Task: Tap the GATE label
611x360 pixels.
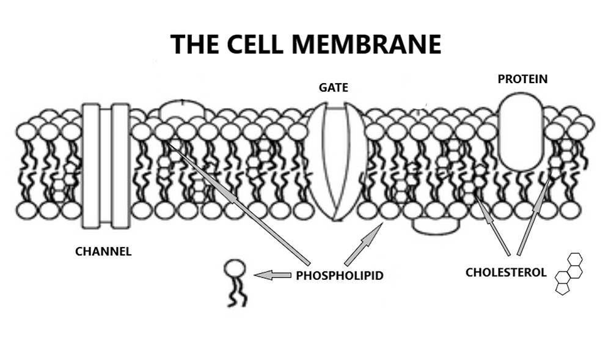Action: coord(333,87)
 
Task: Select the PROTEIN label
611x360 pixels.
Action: coord(522,79)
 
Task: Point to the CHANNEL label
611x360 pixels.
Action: coord(103,251)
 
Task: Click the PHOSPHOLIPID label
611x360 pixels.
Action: coord(340,276)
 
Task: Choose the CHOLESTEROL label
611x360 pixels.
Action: coord(506,272)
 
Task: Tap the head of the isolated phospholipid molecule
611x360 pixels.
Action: coord(235,268)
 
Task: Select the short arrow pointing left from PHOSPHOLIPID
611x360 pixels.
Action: coord(273,276)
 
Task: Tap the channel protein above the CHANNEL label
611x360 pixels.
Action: coord(106,165)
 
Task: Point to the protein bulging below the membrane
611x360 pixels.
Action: coord(436,225)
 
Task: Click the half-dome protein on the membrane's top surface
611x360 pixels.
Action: coord(183,111)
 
